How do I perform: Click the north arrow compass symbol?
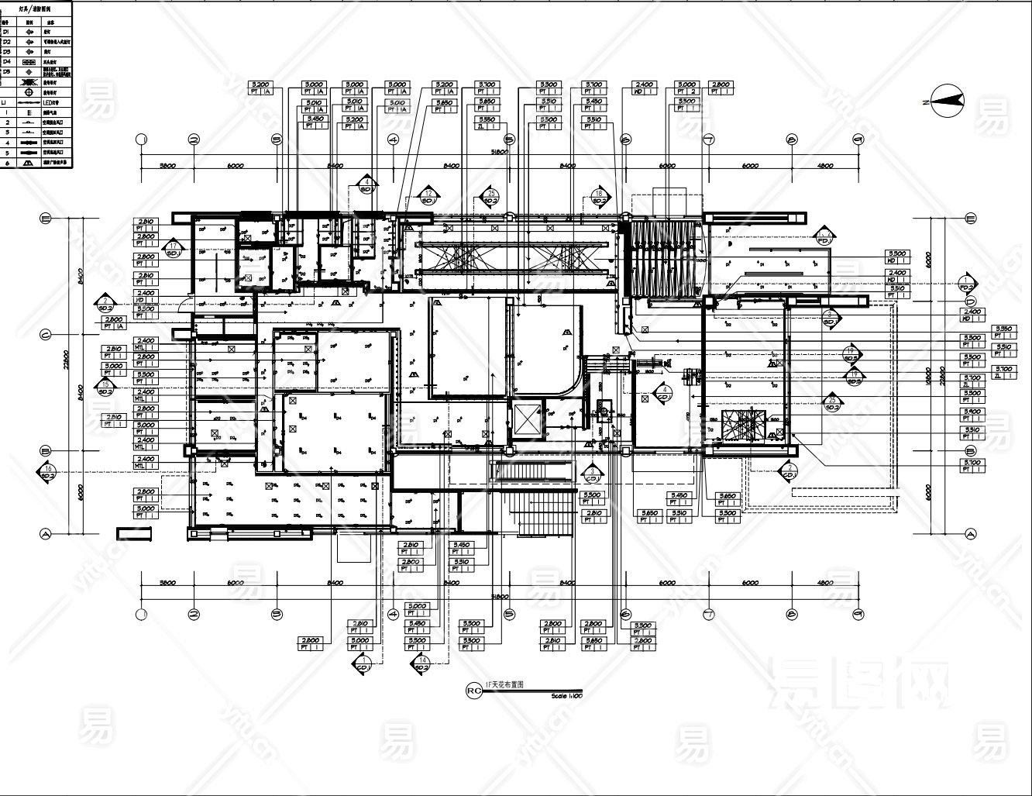pos(945,101)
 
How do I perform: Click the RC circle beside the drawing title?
pos(473,689)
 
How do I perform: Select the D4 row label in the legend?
pos(6,60)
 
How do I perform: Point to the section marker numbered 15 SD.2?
pos(105,388)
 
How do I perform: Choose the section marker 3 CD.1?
pos(592,474)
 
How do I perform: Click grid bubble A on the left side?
pos(45,533)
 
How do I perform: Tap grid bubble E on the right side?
pos(969,219)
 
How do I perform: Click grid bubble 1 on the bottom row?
pos(141,615)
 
